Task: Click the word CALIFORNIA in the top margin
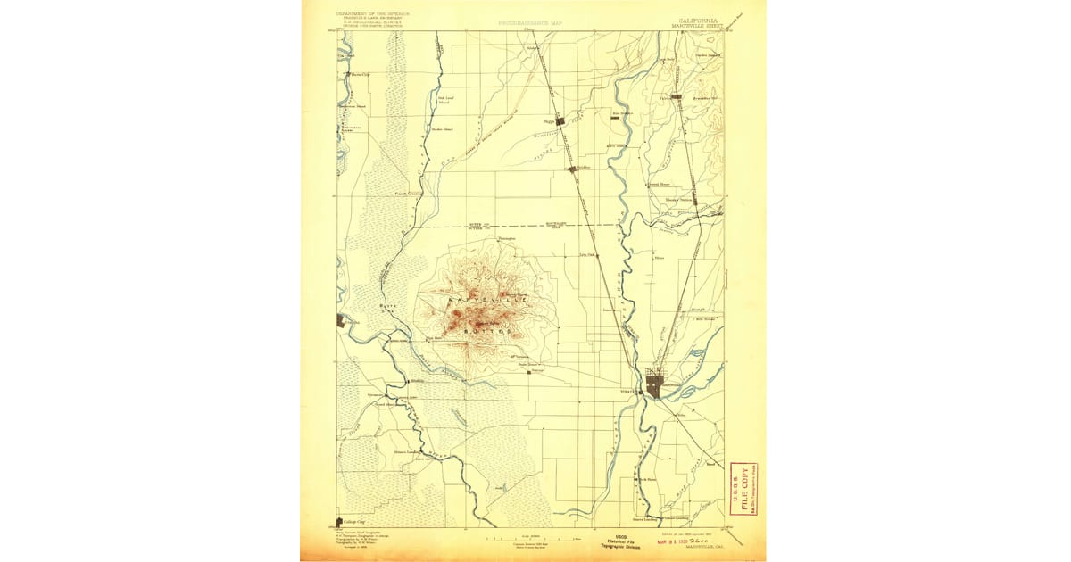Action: pos(698,20)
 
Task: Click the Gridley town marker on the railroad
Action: pos(573,167)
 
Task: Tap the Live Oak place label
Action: pos(587,255)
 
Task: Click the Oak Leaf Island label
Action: pos(444,100)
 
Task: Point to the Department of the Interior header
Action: pos(367,14)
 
